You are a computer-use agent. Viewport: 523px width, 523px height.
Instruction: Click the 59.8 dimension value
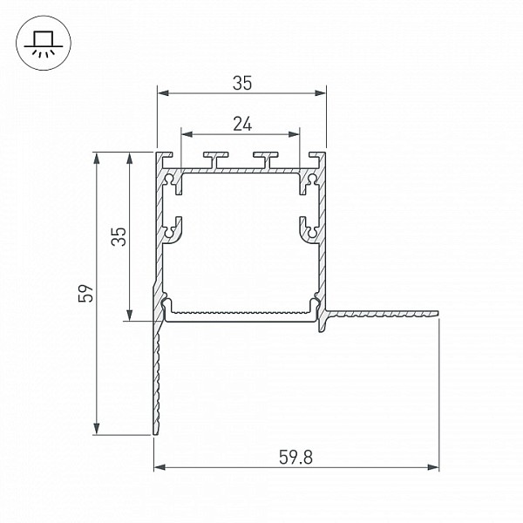click(295, 457)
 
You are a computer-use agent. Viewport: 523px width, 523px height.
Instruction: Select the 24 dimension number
click(242, 124)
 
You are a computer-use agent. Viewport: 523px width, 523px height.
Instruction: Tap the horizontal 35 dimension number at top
click(242, 83)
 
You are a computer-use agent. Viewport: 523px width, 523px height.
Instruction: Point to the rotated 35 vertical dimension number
click(119, 236)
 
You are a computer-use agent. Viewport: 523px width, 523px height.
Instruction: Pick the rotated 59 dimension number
click(86, 294)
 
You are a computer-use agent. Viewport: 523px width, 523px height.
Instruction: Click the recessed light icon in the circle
click(44, 44)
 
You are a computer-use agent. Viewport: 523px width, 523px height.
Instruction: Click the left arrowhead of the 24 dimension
click(187, 134)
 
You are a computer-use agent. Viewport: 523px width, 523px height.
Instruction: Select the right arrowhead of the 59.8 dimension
click(433, 467)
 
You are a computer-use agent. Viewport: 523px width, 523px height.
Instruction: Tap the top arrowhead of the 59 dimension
click(97, 159)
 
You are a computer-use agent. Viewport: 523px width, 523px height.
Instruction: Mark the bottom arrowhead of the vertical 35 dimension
click(129, 315)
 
